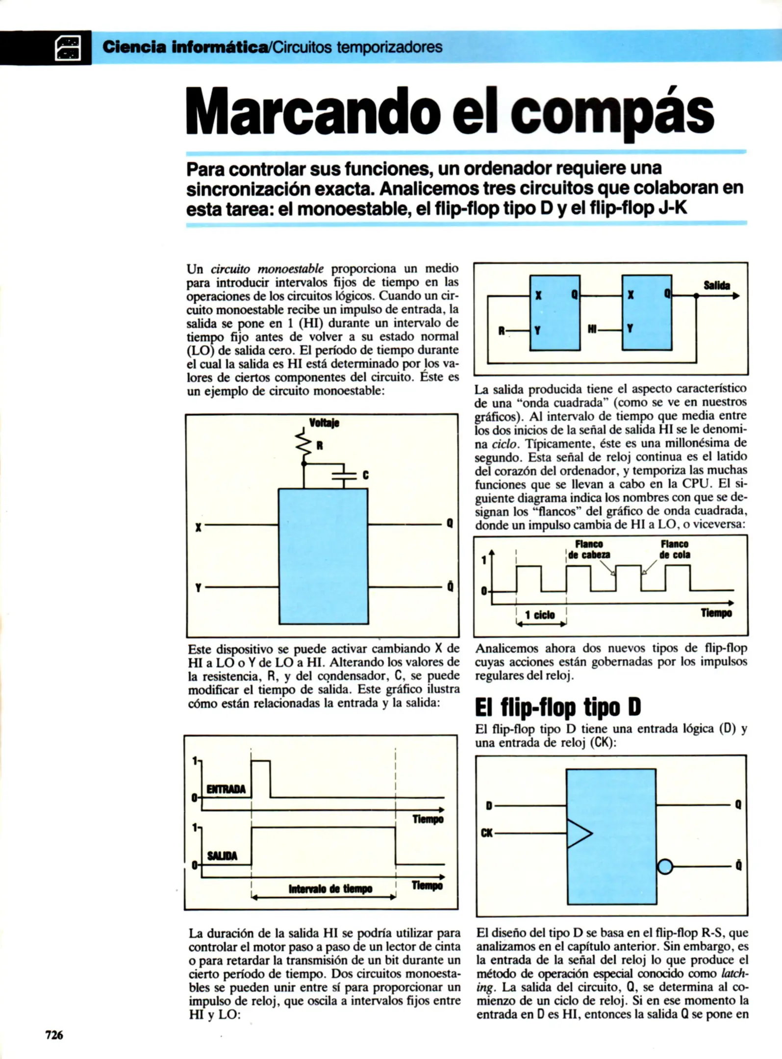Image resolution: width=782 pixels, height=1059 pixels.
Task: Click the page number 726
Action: (54, 1035)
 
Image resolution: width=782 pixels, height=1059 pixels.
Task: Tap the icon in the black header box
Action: (69, 48)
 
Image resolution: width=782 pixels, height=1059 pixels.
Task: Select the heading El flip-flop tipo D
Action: (558, 707)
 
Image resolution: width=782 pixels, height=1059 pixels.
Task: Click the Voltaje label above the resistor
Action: (324, 423)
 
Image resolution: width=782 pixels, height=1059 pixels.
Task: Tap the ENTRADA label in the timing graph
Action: (226, 789)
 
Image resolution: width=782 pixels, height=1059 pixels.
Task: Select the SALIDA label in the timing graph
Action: (222, 856)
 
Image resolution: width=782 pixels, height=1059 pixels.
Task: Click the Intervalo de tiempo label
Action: (330, 889)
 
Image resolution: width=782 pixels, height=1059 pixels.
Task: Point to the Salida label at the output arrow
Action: (717, 285)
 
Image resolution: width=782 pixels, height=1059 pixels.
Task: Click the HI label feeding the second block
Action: (592, 330)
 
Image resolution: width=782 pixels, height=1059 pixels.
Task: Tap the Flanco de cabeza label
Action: (589, 550)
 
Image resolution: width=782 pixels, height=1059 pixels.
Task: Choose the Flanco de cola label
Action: (675, 550)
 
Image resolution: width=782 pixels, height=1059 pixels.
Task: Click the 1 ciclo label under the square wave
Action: (540, 615)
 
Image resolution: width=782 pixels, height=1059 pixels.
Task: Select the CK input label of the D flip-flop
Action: (487, 833)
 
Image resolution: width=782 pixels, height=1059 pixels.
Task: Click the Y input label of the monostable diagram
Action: (198, 587)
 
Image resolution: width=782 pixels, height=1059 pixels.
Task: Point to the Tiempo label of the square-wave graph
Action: (716, 613)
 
